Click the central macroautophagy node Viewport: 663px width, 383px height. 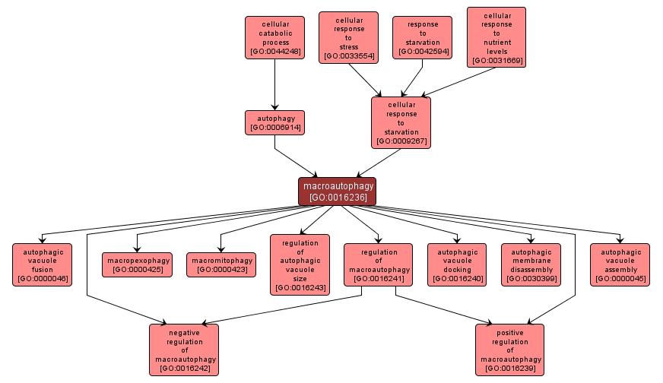(337, 191)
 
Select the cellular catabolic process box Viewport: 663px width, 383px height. (274, 37)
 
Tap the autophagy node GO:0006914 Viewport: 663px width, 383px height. (274, 122)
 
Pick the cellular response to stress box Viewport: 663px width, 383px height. (348, 36)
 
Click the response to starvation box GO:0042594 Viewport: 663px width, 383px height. (422, 37)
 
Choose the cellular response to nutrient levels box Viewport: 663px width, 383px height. (496, 36)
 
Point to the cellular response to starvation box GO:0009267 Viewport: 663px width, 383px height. (401, 122)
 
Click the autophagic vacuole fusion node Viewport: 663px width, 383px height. (43, 264)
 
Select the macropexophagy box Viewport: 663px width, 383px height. (137, 264)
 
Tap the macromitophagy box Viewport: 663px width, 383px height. (220, 264)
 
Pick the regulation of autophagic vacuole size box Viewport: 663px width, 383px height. (300, 264)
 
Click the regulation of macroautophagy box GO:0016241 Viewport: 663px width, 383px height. (378, 264)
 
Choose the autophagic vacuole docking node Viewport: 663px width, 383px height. (456, 264)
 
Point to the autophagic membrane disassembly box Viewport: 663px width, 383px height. (531, 264)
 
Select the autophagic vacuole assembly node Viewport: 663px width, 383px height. (620, 264)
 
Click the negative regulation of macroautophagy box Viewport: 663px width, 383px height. (184, 350)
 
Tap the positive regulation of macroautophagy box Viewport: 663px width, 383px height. (510, 350)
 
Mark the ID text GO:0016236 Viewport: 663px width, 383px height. (337, 198)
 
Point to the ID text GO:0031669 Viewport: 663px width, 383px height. (496, 60)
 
